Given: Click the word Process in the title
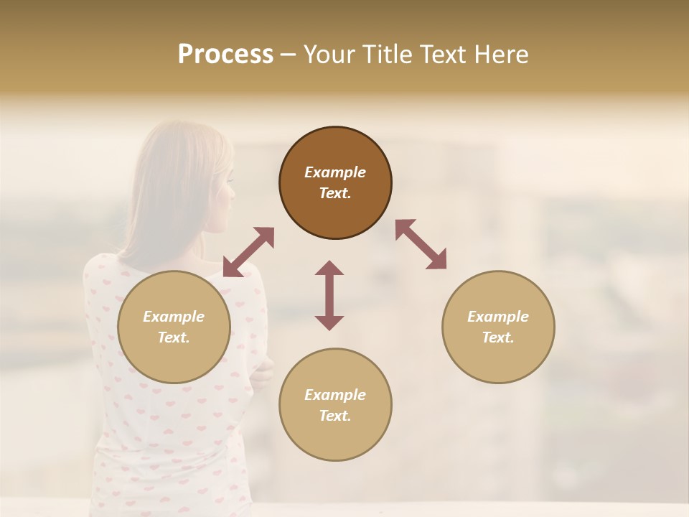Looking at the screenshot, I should point(225,55).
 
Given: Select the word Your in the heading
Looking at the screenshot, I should point(327,55).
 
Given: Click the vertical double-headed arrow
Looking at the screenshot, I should point(329,295).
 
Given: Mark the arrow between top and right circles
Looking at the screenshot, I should point(421,244).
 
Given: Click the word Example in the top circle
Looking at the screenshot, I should point(335,172).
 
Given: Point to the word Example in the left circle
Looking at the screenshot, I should point(174,317).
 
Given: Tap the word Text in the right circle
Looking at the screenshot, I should point(497,337).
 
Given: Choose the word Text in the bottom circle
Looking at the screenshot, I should point(335,416).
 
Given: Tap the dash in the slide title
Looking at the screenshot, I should point(288,55).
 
